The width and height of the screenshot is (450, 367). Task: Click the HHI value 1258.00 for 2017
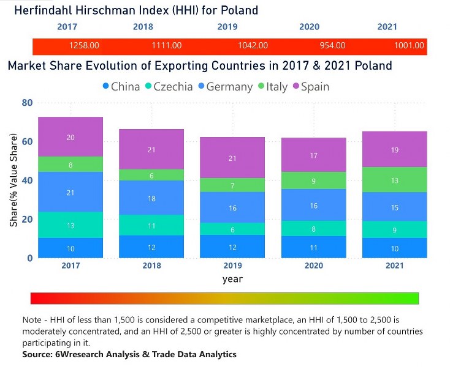click(84, 45)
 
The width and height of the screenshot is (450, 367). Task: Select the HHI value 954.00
click(332, 45)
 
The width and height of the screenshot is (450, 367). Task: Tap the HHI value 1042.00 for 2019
click(253, 45)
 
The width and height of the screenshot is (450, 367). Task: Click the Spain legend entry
click(310, 87)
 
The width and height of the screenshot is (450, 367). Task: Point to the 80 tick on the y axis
click(27, 103)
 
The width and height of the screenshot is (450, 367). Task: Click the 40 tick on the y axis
click(27, 180)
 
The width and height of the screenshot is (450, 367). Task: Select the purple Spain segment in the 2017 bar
click(71, 137)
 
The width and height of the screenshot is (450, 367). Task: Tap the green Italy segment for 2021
click(394, 180)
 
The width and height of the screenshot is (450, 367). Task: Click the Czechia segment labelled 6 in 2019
click(232, 229)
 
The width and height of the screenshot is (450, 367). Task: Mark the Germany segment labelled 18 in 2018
click(151, 198)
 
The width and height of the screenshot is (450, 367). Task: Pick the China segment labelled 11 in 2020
click(313, 247)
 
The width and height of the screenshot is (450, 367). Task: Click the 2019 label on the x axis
click(232, 266)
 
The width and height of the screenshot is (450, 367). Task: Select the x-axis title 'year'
click(232, 280)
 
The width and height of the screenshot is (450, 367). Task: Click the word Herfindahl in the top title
click(44, 10)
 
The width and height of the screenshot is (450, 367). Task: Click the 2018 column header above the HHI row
click(143, 27)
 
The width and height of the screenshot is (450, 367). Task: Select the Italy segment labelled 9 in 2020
click(313, 180)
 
